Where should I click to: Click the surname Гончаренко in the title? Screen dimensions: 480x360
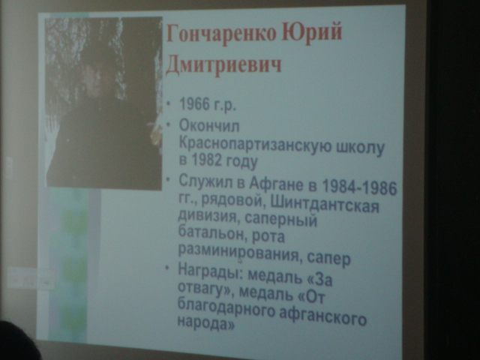[x=221, y=33]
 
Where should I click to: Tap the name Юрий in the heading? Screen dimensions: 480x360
[x=312, y=31]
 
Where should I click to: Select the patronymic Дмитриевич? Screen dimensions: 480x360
[x=223, y=64]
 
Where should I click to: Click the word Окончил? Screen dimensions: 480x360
[x=209, y=126]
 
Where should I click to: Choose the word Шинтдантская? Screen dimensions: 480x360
[x=325, y=204]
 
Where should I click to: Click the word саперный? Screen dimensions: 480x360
[x=280, y=220]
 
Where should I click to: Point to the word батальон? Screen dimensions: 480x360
[x=210, y=233]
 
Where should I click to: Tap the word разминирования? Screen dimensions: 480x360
[x=238, y=252]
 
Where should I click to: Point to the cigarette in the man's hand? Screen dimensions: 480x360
[x=152, y=124]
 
